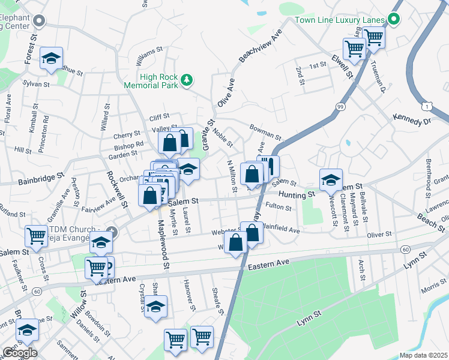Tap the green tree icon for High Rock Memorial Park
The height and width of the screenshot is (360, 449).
point(187,79)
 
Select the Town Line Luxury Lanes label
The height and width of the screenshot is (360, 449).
point(340,20)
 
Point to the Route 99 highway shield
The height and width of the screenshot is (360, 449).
point(340,106)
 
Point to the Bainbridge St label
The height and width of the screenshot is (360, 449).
point(41,178)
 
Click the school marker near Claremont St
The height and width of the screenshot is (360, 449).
point(330,179)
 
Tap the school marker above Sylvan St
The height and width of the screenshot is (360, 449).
point(52,58)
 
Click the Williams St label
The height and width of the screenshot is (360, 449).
point(149,52)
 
